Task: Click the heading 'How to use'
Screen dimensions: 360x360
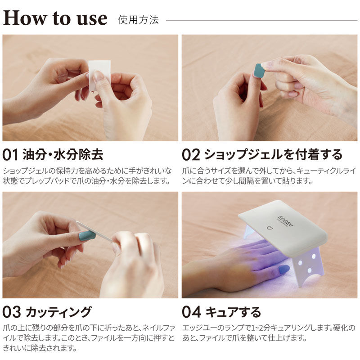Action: tap(55, 18)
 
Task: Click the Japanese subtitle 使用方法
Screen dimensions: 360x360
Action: tap(139, 20)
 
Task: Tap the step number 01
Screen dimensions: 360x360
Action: tap(10, 155)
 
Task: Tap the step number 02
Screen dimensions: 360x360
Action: tap(191, 155)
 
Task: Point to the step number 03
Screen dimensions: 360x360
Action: tap(12, 312)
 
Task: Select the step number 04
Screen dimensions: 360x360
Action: tap(191, 312)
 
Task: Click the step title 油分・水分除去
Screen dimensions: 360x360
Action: tap(63, 154)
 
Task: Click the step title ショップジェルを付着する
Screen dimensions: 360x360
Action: tap(273, 154)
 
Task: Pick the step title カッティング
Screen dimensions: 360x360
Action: tap(59, 312)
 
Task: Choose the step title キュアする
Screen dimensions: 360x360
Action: tap(233, 312)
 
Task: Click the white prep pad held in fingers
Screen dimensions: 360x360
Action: tap(99, 75)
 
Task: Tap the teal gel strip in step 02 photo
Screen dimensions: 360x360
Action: tap(258, 71)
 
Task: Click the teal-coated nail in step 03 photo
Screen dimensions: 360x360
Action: tap(87, 236)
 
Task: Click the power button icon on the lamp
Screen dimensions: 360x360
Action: tap(270, 228)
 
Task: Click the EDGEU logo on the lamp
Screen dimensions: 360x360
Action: tap(285, 221)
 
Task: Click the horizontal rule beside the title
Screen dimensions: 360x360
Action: tap(261, 21)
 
